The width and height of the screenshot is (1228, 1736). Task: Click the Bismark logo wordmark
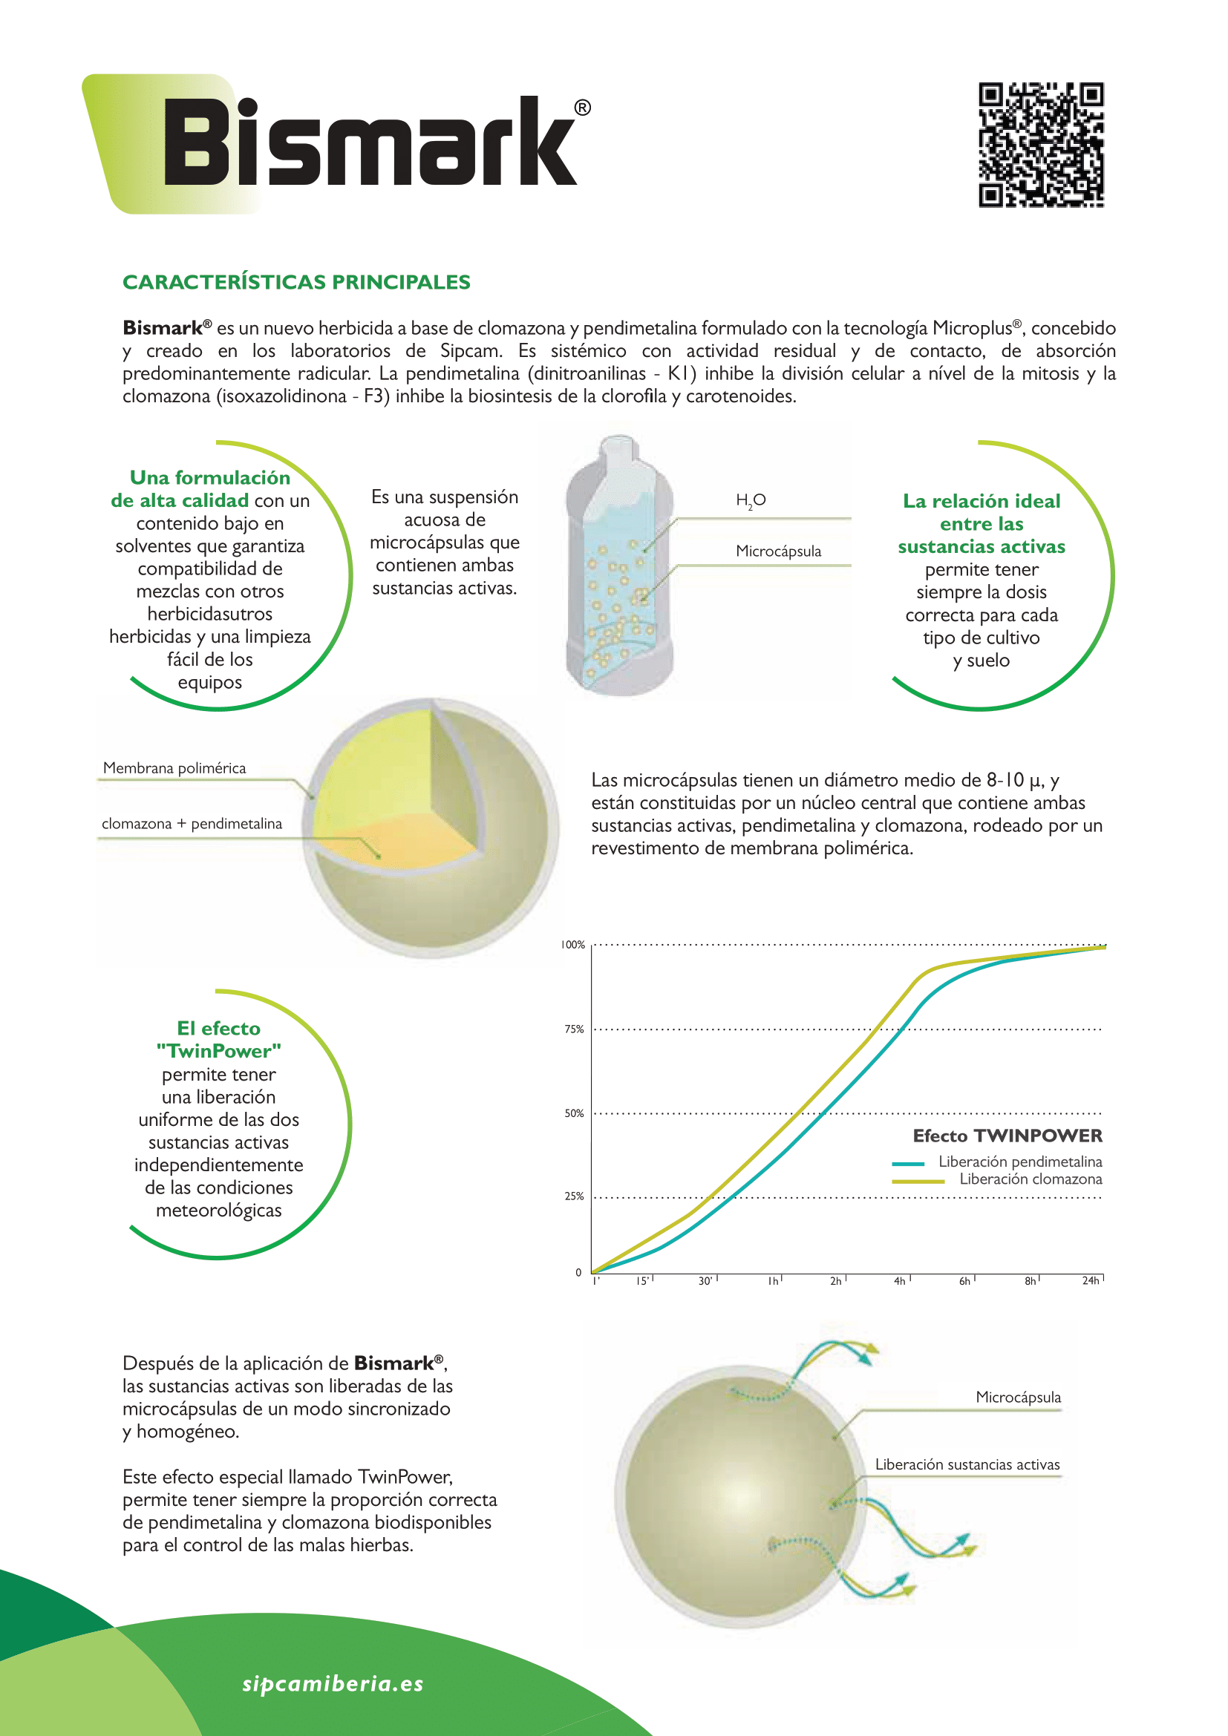pyautogui.click(x=370, y=143)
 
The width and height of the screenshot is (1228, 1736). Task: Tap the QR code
pyautogui.click(x=1040, y=145)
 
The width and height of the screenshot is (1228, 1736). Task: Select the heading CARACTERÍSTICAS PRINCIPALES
pyautogui.click(x=296, y=282)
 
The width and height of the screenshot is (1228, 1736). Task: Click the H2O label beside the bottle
pyautogui.click(x=751, y=499)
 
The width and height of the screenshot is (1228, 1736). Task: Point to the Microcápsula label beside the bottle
pyautogui.click(x=778, y=551)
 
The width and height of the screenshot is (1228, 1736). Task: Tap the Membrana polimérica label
pyautogui.click(x=174, y=768)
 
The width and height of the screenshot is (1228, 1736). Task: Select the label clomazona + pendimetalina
pyautogui.click(x=192, y=823)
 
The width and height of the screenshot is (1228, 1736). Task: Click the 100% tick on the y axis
pyautogui.click(x=573, y=944)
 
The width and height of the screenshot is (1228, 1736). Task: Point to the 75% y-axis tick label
pyautogui.click(x=574, y=1029)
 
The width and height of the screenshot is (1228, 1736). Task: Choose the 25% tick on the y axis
pyautogui.click(x=574, y=1196)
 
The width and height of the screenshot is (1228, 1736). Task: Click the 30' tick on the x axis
pyautogui.click(x=705, y=1281)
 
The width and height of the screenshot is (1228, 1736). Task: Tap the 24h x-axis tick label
pyautogui.click(x=1091, y=1280)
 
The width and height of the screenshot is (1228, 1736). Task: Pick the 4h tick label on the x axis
pyautogui.click(x=900, y=1281)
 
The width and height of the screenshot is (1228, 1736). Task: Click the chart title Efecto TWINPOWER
pyautogui.click(x=1007, y=1136)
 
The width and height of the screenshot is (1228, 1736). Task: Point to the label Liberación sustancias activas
pyautogui.click(x=967, y=1464)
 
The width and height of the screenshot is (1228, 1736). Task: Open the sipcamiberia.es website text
pyautogui.click(x=333, y=1683)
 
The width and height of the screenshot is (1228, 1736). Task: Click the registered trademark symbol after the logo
pyautogui.click(x=582, y=108)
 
